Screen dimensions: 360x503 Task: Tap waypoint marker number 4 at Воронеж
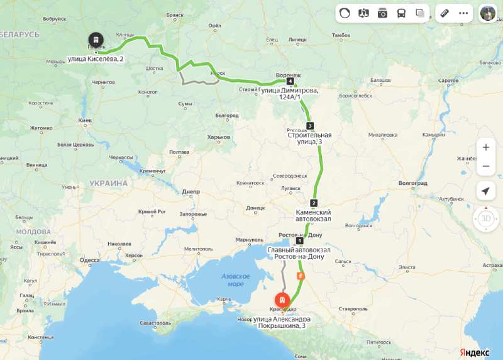pyautogui.click(x=290, y=82)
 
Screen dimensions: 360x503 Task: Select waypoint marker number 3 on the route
pyautogui.click(x=309, y=125)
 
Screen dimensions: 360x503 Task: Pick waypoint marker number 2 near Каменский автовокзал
pyautogui.click(x=314, y=203)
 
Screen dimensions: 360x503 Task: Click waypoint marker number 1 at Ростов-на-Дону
pyautogui.click(x=299, y=240)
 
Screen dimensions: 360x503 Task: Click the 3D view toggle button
pyautogui.click(x=485, y=219)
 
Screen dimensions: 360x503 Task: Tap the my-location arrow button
pyautogui.click(x=485, y=191)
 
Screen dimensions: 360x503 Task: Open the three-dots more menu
pyautogui.click(x=463, y=13)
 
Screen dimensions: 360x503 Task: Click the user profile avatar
pyautogui.click(x=488, y=13)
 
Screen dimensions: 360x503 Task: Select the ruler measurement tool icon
pyautogui.click(x=445, y=13)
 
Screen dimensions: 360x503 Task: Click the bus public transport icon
pyautogui.click(x=401, y=13)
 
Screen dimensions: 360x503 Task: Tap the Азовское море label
pyautogui.click(x=236, y=280)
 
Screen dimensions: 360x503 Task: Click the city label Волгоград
pyautogui.click(x=413, y=183)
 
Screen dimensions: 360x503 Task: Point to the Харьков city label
pyautogui.click(x=218, y=137)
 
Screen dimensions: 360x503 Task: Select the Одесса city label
pyautogui.click(x=89, y=260)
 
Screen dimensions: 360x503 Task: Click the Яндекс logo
pyautogui.click(x=475, y=351)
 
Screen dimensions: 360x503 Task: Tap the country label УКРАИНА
pyautogui.click(x=108, y=183)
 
